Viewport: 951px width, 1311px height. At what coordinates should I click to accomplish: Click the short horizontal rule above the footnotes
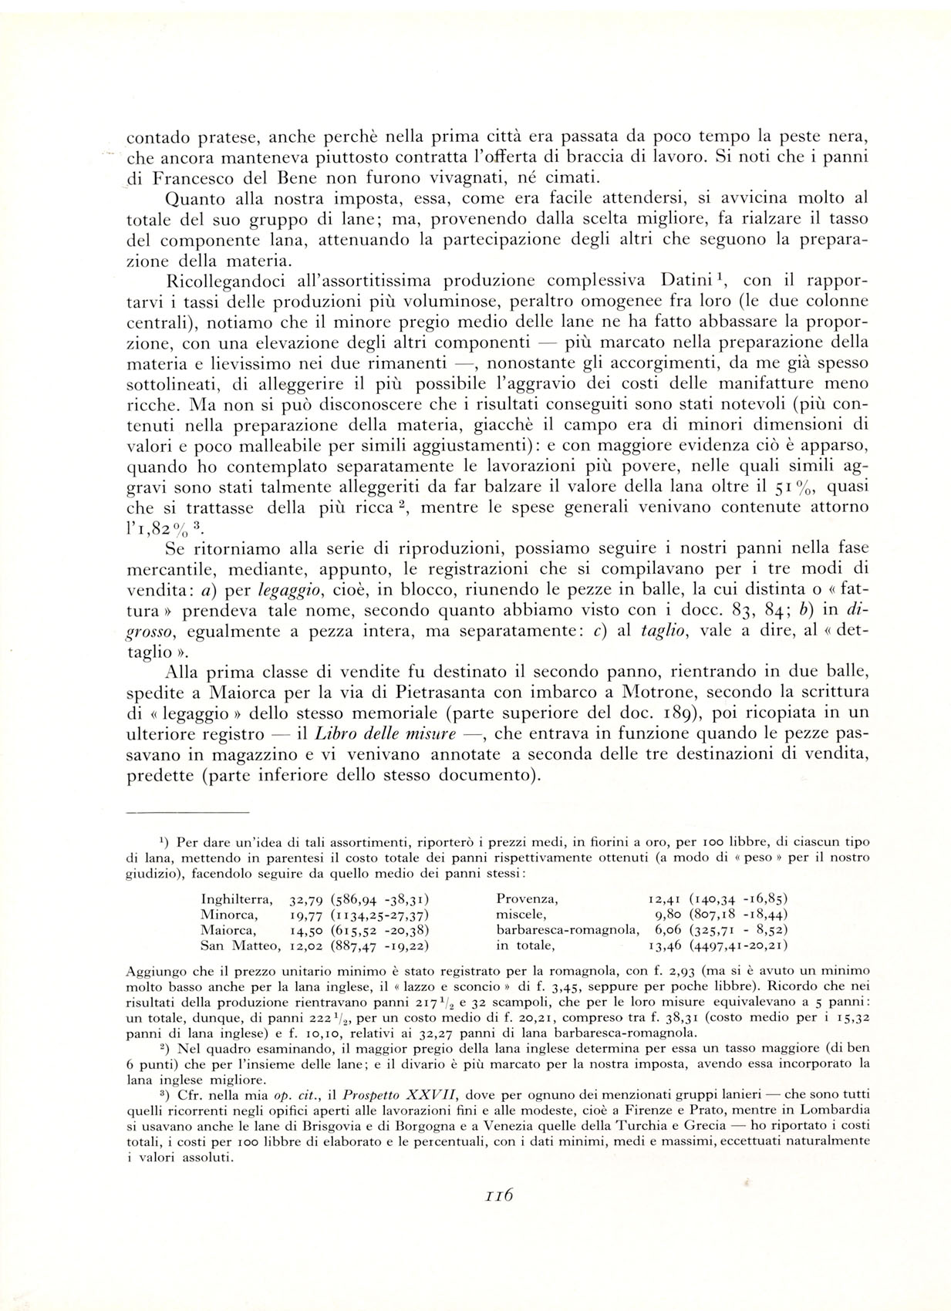point(187,812)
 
